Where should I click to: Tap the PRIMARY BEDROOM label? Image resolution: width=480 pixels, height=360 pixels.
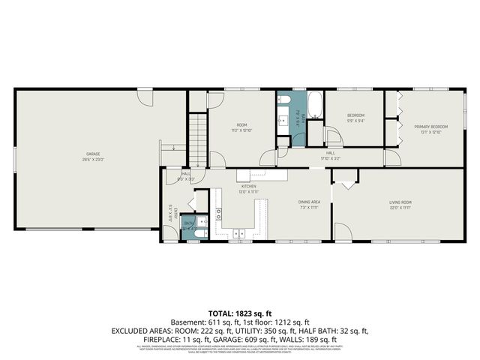[431, 127]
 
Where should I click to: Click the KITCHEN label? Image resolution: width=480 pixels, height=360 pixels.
[249, 186]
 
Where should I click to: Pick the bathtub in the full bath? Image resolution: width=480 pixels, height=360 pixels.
[315, 105]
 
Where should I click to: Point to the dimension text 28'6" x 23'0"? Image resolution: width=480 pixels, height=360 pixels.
[92, 160]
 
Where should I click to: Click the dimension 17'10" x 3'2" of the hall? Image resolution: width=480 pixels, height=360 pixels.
[330, 158]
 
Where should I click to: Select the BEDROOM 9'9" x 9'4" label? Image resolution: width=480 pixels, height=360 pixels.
[355, 118]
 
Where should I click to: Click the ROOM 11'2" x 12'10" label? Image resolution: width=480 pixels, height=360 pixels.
[242, 127]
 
